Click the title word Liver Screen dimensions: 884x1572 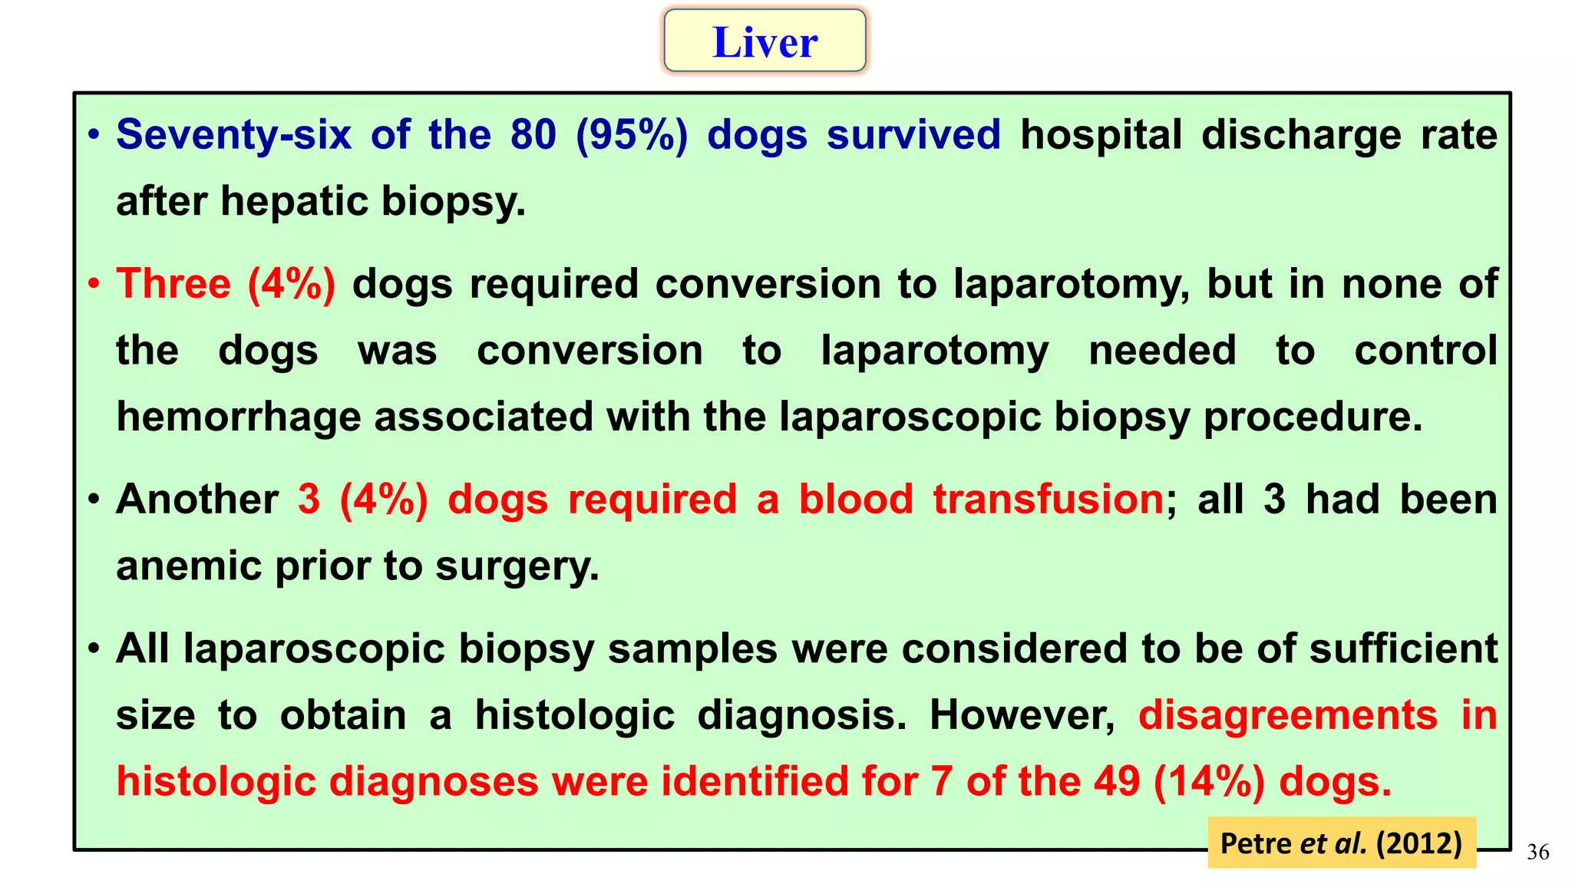[765, 42]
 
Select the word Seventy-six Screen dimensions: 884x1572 [233, 135]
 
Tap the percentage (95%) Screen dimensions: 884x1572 [631, 135]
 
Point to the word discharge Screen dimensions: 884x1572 [1301, 135]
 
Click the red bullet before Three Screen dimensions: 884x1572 [94, 285]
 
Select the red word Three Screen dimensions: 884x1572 [173, 284]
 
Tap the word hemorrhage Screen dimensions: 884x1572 [239, 417]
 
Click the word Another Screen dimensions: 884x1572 [197, 500]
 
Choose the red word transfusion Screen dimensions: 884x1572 [1049, 500]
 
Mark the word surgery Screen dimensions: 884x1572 [517, 568]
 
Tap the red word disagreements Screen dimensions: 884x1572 [1287, 715]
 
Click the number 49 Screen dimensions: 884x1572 [1117, 782]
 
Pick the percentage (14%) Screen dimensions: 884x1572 [1208, 782]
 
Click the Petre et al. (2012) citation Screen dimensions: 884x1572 [1341, 843]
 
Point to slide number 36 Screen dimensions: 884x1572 [1537, 852]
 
